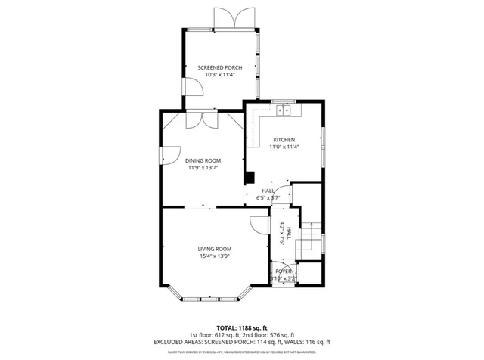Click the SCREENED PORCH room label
pyautogui.click(x=220, y=67)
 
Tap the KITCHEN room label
pyautogui.click(x=284, y=140)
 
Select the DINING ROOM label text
pyautogui.click(x=203, y=160)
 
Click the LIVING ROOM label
pyautogui.click(x=215, y=249)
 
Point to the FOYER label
pyautogui.click(x=284, y=271)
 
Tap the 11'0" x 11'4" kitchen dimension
pyautogui.click(x=284, y=147)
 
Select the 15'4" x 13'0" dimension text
pyautogui.click(x=215, y=256)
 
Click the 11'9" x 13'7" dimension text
pyautogui.click(x=203, y=168)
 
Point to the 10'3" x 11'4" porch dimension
pyautogui.click(x=220, y=75)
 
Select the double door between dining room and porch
pyautogui.click(x=202, y=119)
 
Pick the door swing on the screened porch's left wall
pyautogui.click(x=193, y=87)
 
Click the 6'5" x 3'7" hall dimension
pyautogui.click(x=268, y=197)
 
